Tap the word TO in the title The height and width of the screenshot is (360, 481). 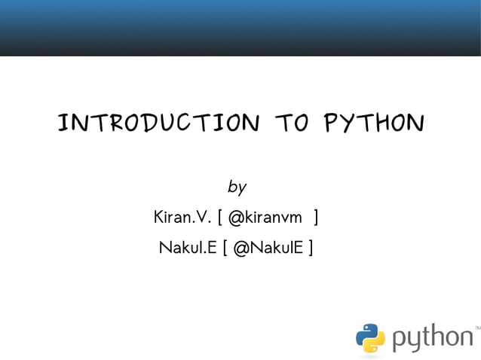coord(291,122)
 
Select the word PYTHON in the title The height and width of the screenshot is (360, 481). coord(373,122)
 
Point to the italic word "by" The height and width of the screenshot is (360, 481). coord(237,186)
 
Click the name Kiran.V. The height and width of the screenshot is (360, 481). coord(180,218)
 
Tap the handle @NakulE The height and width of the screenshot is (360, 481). coord(268,247)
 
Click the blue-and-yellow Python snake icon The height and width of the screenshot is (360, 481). coord(370,338)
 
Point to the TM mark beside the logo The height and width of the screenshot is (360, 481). coord(476,328)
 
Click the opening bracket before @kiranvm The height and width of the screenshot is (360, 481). coord(219,218)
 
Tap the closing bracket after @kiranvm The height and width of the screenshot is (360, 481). coord(315,218)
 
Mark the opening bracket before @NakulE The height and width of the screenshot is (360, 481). coord(225,247)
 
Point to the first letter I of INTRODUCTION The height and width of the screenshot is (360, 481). coord(64,122)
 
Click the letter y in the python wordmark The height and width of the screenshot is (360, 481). coord(415,341)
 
